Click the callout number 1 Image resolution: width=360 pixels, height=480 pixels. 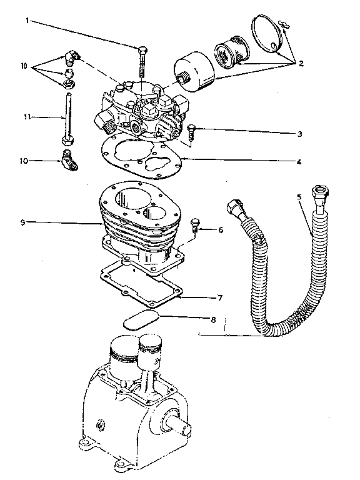[27, 21]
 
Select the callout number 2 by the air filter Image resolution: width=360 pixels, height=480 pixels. [301, 63]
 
